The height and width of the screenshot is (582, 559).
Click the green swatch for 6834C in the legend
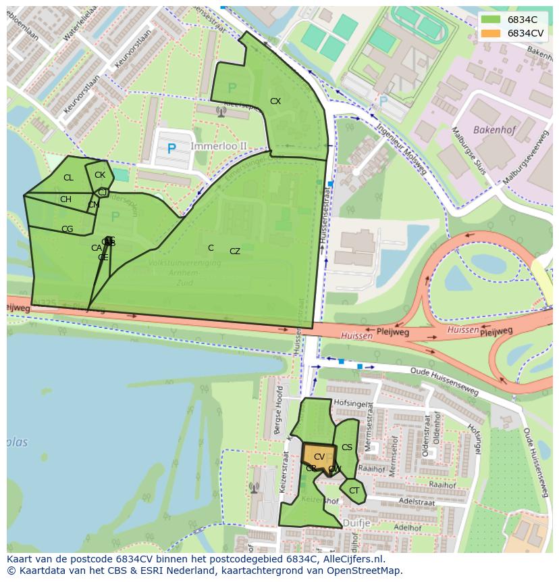pyautogui.click(x=490, y=20)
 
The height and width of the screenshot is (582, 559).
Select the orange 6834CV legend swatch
pyautogui.click(x=490, y=33)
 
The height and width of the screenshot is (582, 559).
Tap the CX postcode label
pyautogui.click(x=275, y=101)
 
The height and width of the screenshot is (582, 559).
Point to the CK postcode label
pyautogui.click(x=100, y=175)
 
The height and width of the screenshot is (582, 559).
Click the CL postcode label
pyautogui.click(x=68, y=178)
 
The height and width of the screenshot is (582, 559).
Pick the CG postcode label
pyautogui.click(x=67, y=229)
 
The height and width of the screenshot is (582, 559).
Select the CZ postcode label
pyautogui.click(x=235, y=251)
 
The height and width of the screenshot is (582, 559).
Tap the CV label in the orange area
pyautogui.click(x=319, y=457)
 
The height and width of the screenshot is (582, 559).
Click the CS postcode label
pyautogui.click(x=347, y=447)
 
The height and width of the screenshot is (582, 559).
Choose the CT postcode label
pyautogui.click(x=354, y=491)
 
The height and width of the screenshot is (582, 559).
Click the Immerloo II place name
pyautogui.click(x=219, y=145)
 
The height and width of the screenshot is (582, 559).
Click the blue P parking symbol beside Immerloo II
pyautogui.click(x=171, y=149)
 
